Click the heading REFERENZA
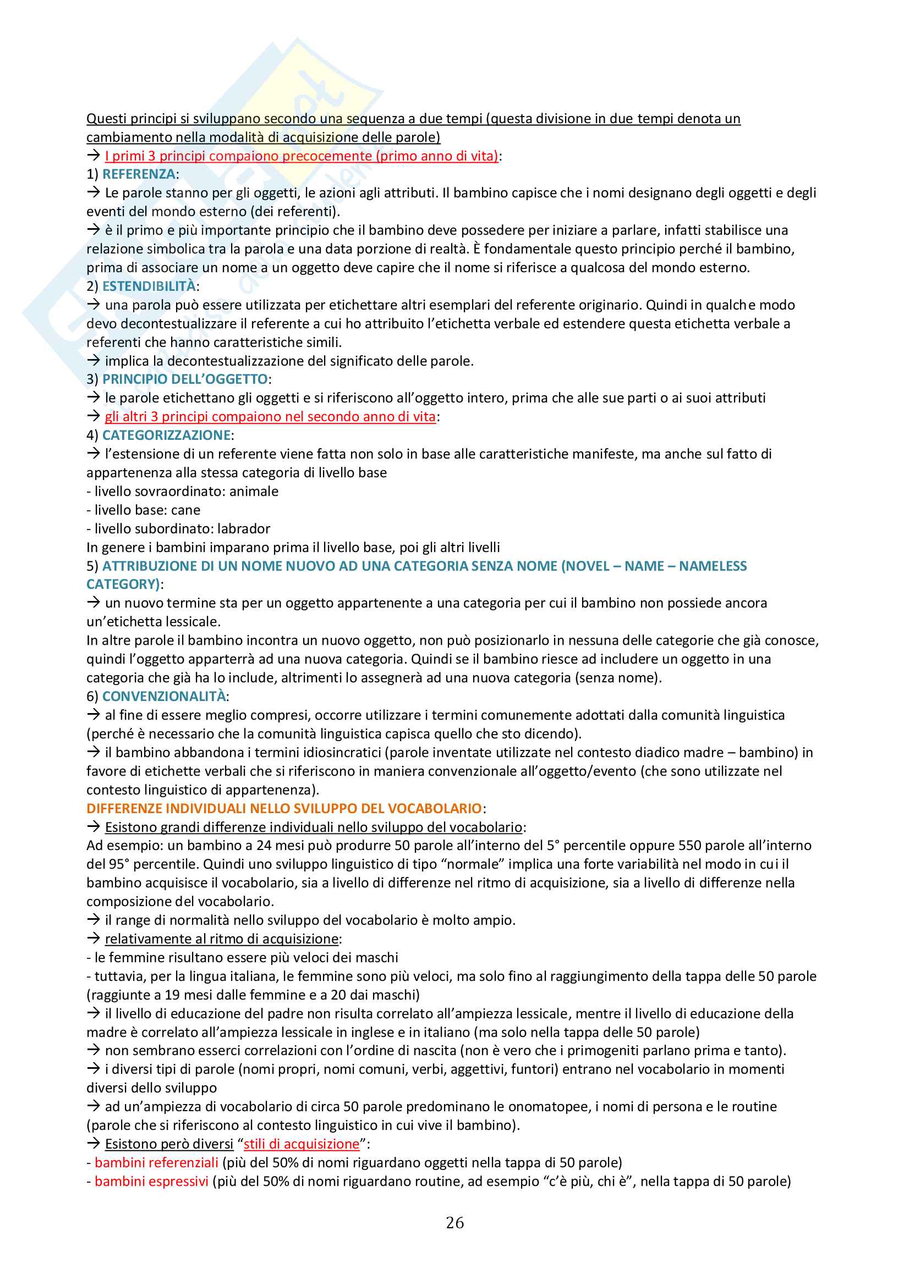(139, 174)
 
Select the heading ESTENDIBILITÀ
(149, 286)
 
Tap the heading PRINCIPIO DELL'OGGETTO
(185, 379)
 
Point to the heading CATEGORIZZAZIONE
(166, 435)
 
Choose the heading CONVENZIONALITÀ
(164, 696)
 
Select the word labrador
(244, 529)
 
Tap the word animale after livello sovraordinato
(254, 491)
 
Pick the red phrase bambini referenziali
(156, 1163)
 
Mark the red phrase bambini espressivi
(151, 1181)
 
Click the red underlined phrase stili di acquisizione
(301, 1144)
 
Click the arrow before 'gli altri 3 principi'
(93, 416)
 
